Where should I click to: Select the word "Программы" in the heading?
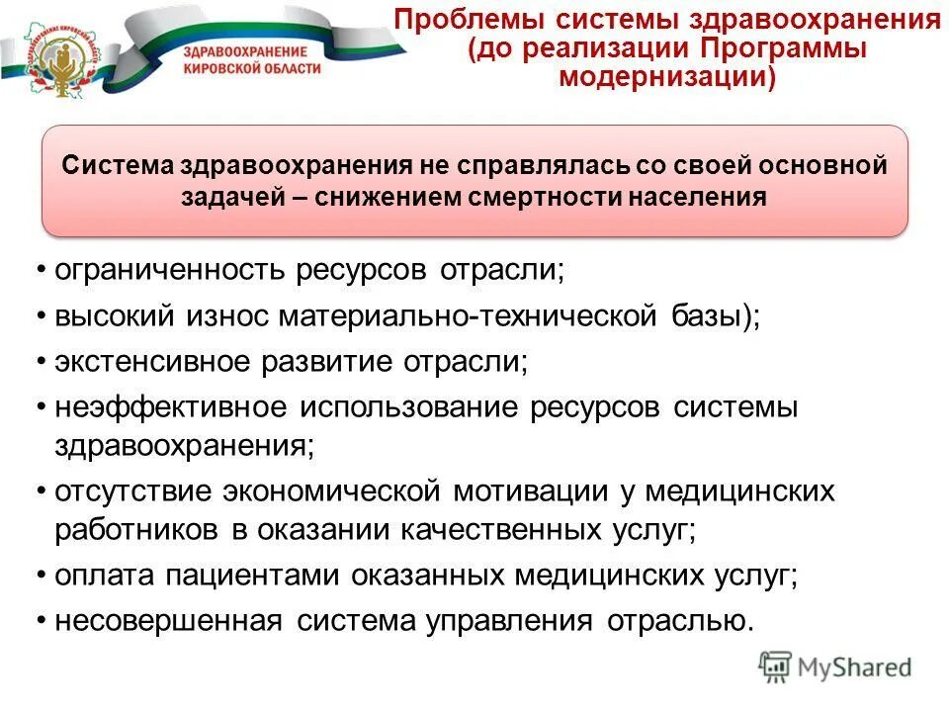coord(784,48)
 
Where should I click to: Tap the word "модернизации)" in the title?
coord(667,77)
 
